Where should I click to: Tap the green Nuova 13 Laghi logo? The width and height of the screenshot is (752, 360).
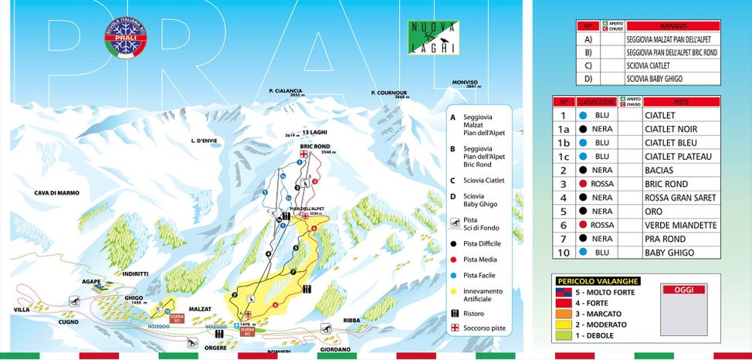pyautogui.click(x=432, y=38)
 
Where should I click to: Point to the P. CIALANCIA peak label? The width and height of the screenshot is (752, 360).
pyautogui.click(x=286, y=91)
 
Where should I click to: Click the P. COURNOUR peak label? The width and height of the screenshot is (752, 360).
pyautogui.click(x=388, y=93)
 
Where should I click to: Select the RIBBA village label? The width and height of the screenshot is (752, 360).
pyautogui.click(x=372, y=319)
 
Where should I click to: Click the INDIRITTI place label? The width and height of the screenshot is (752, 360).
pyautogui.click(x=134, y=273)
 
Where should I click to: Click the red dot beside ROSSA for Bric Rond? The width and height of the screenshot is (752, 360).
pyautogui.click(x=586, y=184)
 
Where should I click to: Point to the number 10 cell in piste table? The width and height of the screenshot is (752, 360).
pyautogui.click(x=564, y=253)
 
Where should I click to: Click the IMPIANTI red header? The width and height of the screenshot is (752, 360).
pyautogui.click(x=672, y=25)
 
